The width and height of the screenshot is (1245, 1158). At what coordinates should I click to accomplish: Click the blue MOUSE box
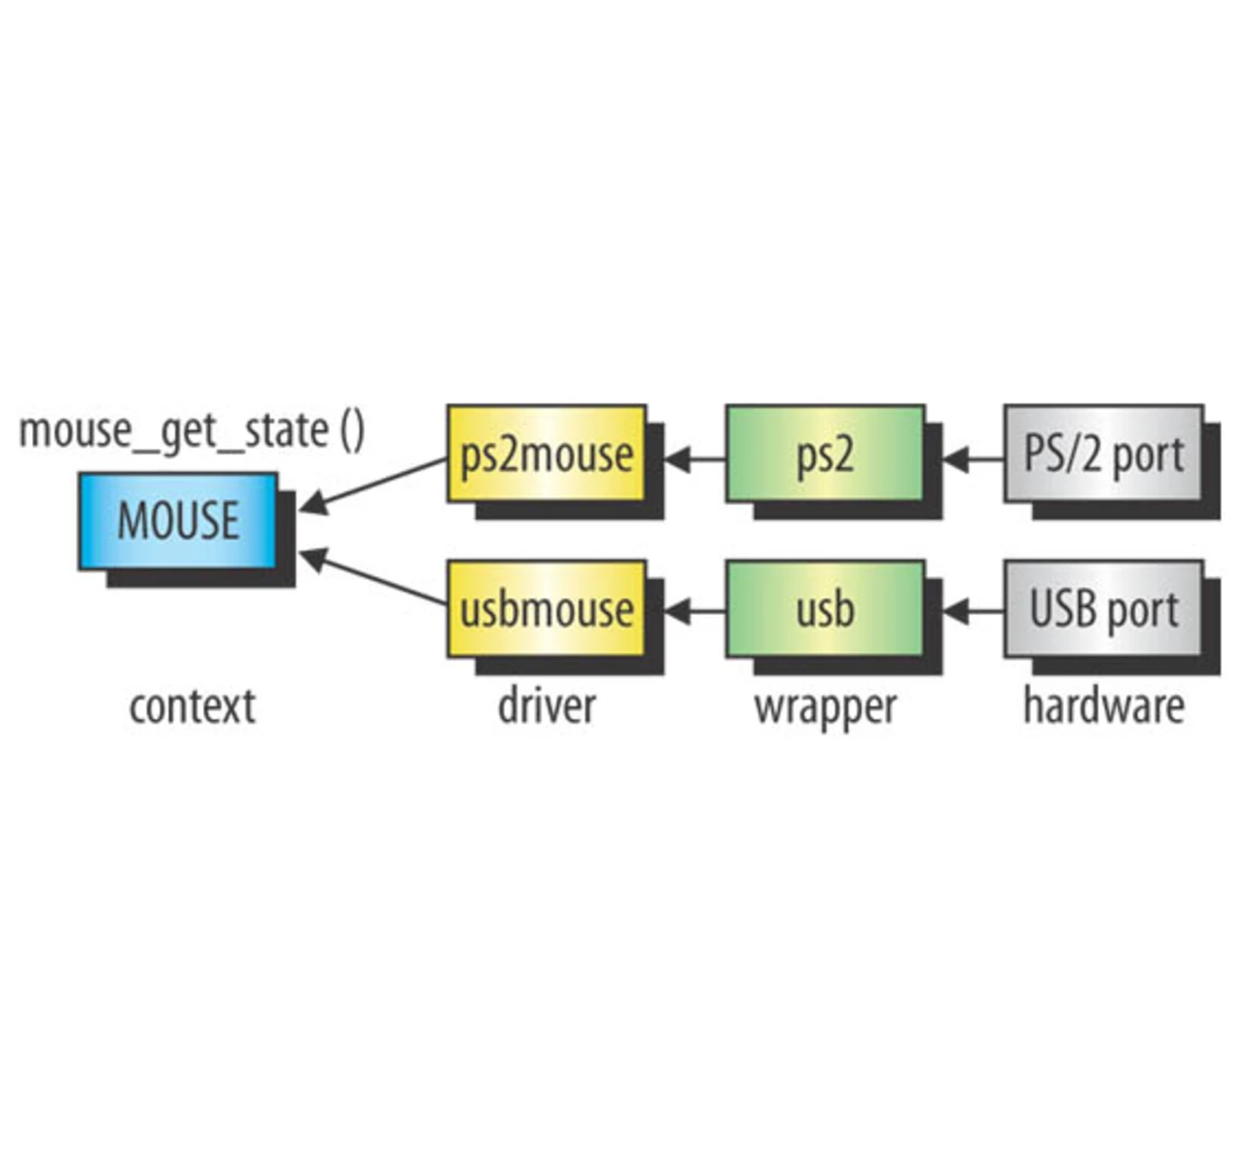178,521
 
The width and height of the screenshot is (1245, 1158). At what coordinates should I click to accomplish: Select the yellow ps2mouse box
546,453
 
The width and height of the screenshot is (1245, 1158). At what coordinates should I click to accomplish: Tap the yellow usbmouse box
546,608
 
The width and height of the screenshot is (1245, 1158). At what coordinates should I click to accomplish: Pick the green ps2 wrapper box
825,453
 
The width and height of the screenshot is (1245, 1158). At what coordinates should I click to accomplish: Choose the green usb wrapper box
825,608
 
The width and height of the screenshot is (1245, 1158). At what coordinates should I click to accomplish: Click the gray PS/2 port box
1103,453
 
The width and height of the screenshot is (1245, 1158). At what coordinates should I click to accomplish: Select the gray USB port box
1103,608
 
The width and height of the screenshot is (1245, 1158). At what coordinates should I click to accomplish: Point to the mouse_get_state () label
192,431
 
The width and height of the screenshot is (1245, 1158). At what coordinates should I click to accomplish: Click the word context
192,706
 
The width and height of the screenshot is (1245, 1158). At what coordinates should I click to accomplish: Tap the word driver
546,706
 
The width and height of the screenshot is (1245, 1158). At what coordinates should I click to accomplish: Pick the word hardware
1103,706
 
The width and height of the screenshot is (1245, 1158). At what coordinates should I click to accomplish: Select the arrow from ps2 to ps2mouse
694,458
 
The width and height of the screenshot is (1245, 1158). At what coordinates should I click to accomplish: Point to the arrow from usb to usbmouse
694,611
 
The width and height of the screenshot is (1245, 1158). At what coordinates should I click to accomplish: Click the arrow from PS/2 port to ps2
973,458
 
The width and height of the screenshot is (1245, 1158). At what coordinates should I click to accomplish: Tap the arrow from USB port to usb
973,611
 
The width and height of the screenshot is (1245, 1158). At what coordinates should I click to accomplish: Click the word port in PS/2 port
1148,455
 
